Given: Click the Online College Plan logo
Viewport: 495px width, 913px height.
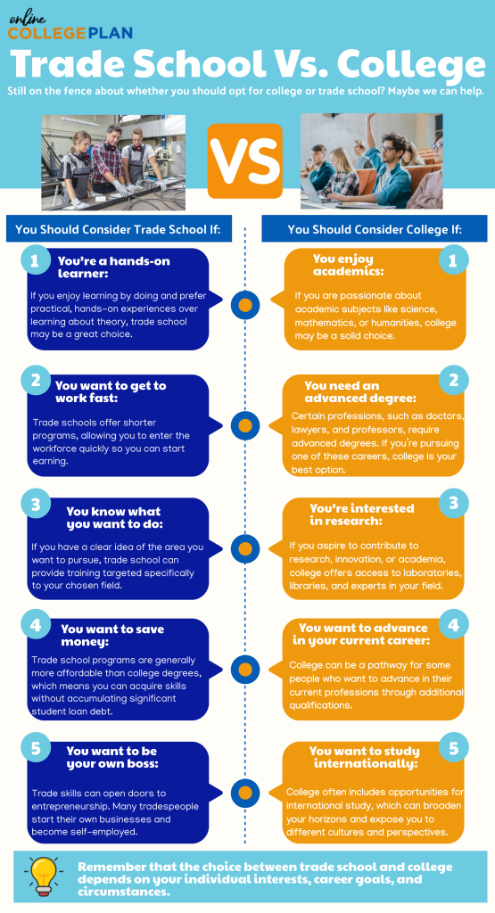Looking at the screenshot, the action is tap(70, 28).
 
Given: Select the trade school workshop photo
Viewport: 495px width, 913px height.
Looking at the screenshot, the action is tap(113, 162).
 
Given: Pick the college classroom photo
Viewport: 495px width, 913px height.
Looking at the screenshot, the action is tap(372, 160).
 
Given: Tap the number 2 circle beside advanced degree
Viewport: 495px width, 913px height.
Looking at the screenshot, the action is tap(454, 380).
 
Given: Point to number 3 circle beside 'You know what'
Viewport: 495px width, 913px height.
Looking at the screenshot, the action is tap(35, 504).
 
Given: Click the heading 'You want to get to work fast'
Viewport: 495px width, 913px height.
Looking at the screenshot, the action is tap(111, 392).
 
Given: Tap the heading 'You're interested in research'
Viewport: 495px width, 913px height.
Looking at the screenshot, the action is tap(361, 514).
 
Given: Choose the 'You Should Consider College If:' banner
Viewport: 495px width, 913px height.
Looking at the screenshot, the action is tap(375, 229).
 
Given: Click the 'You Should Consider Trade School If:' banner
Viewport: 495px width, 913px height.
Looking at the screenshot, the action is tap(119, 229).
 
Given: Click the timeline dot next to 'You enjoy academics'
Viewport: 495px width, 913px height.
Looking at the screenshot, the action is tap(245, 305).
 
